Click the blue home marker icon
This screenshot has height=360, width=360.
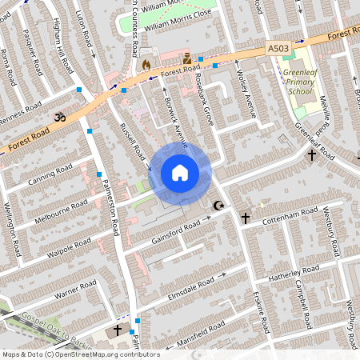(180, 173)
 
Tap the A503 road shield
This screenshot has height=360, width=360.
(278, 49)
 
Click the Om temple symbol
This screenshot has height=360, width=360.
(58, 118)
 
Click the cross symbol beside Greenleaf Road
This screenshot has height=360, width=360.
(312, 155)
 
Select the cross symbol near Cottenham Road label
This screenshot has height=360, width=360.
(246, 218)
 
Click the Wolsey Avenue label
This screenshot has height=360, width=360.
(247, 95)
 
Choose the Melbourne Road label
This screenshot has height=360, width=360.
(61, 210)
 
